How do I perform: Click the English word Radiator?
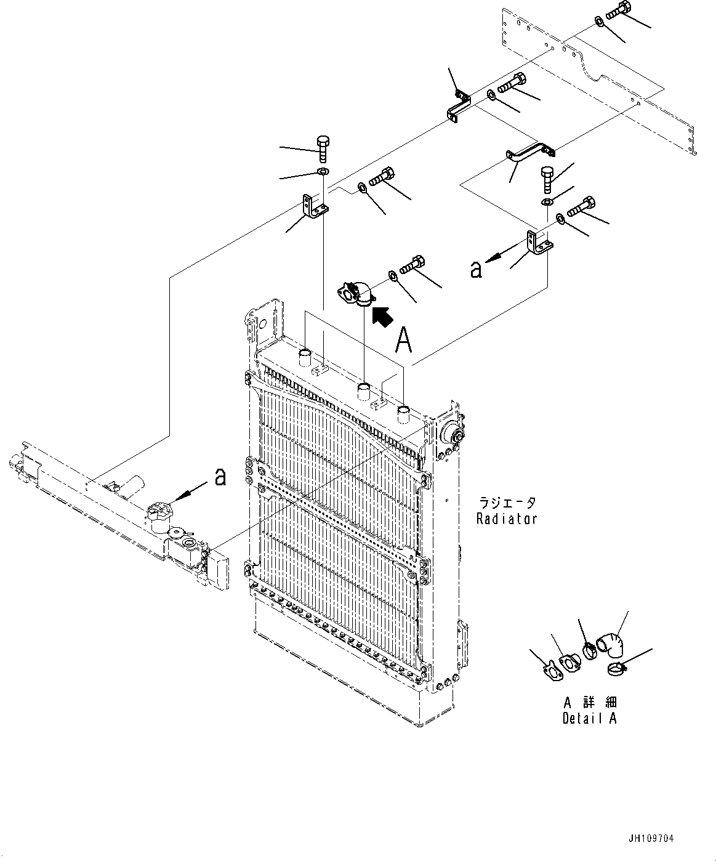pos(507,519)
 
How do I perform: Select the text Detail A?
pos(589,718)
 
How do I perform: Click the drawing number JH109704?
pos(651,839)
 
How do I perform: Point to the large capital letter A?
pos(403,340)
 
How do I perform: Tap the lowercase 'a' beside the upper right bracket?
pos(476,269)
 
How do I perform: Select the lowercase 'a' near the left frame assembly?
pos(220,476)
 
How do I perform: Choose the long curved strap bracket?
pos(529,152)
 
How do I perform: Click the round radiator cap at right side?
pos(453,433)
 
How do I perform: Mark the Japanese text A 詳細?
pos(589,703)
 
